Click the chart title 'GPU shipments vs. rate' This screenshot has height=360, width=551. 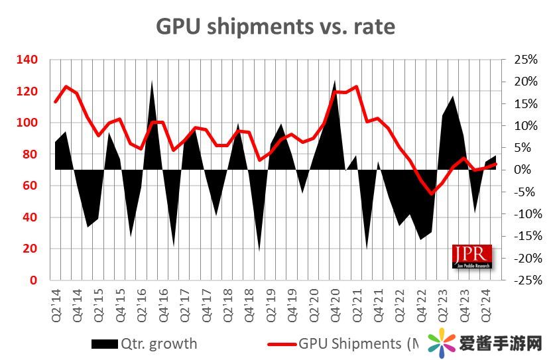pos(275,26)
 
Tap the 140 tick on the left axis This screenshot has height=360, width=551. pos(29,60)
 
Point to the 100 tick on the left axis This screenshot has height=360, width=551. pos(29,123)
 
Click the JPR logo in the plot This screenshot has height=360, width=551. pos(472,257)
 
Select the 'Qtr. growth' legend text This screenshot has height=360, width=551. pos(158,343)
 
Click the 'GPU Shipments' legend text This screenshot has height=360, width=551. pos(358,343)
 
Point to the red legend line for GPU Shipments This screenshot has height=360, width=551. pos(282,343)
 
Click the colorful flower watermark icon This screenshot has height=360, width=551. pos(440,344)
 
